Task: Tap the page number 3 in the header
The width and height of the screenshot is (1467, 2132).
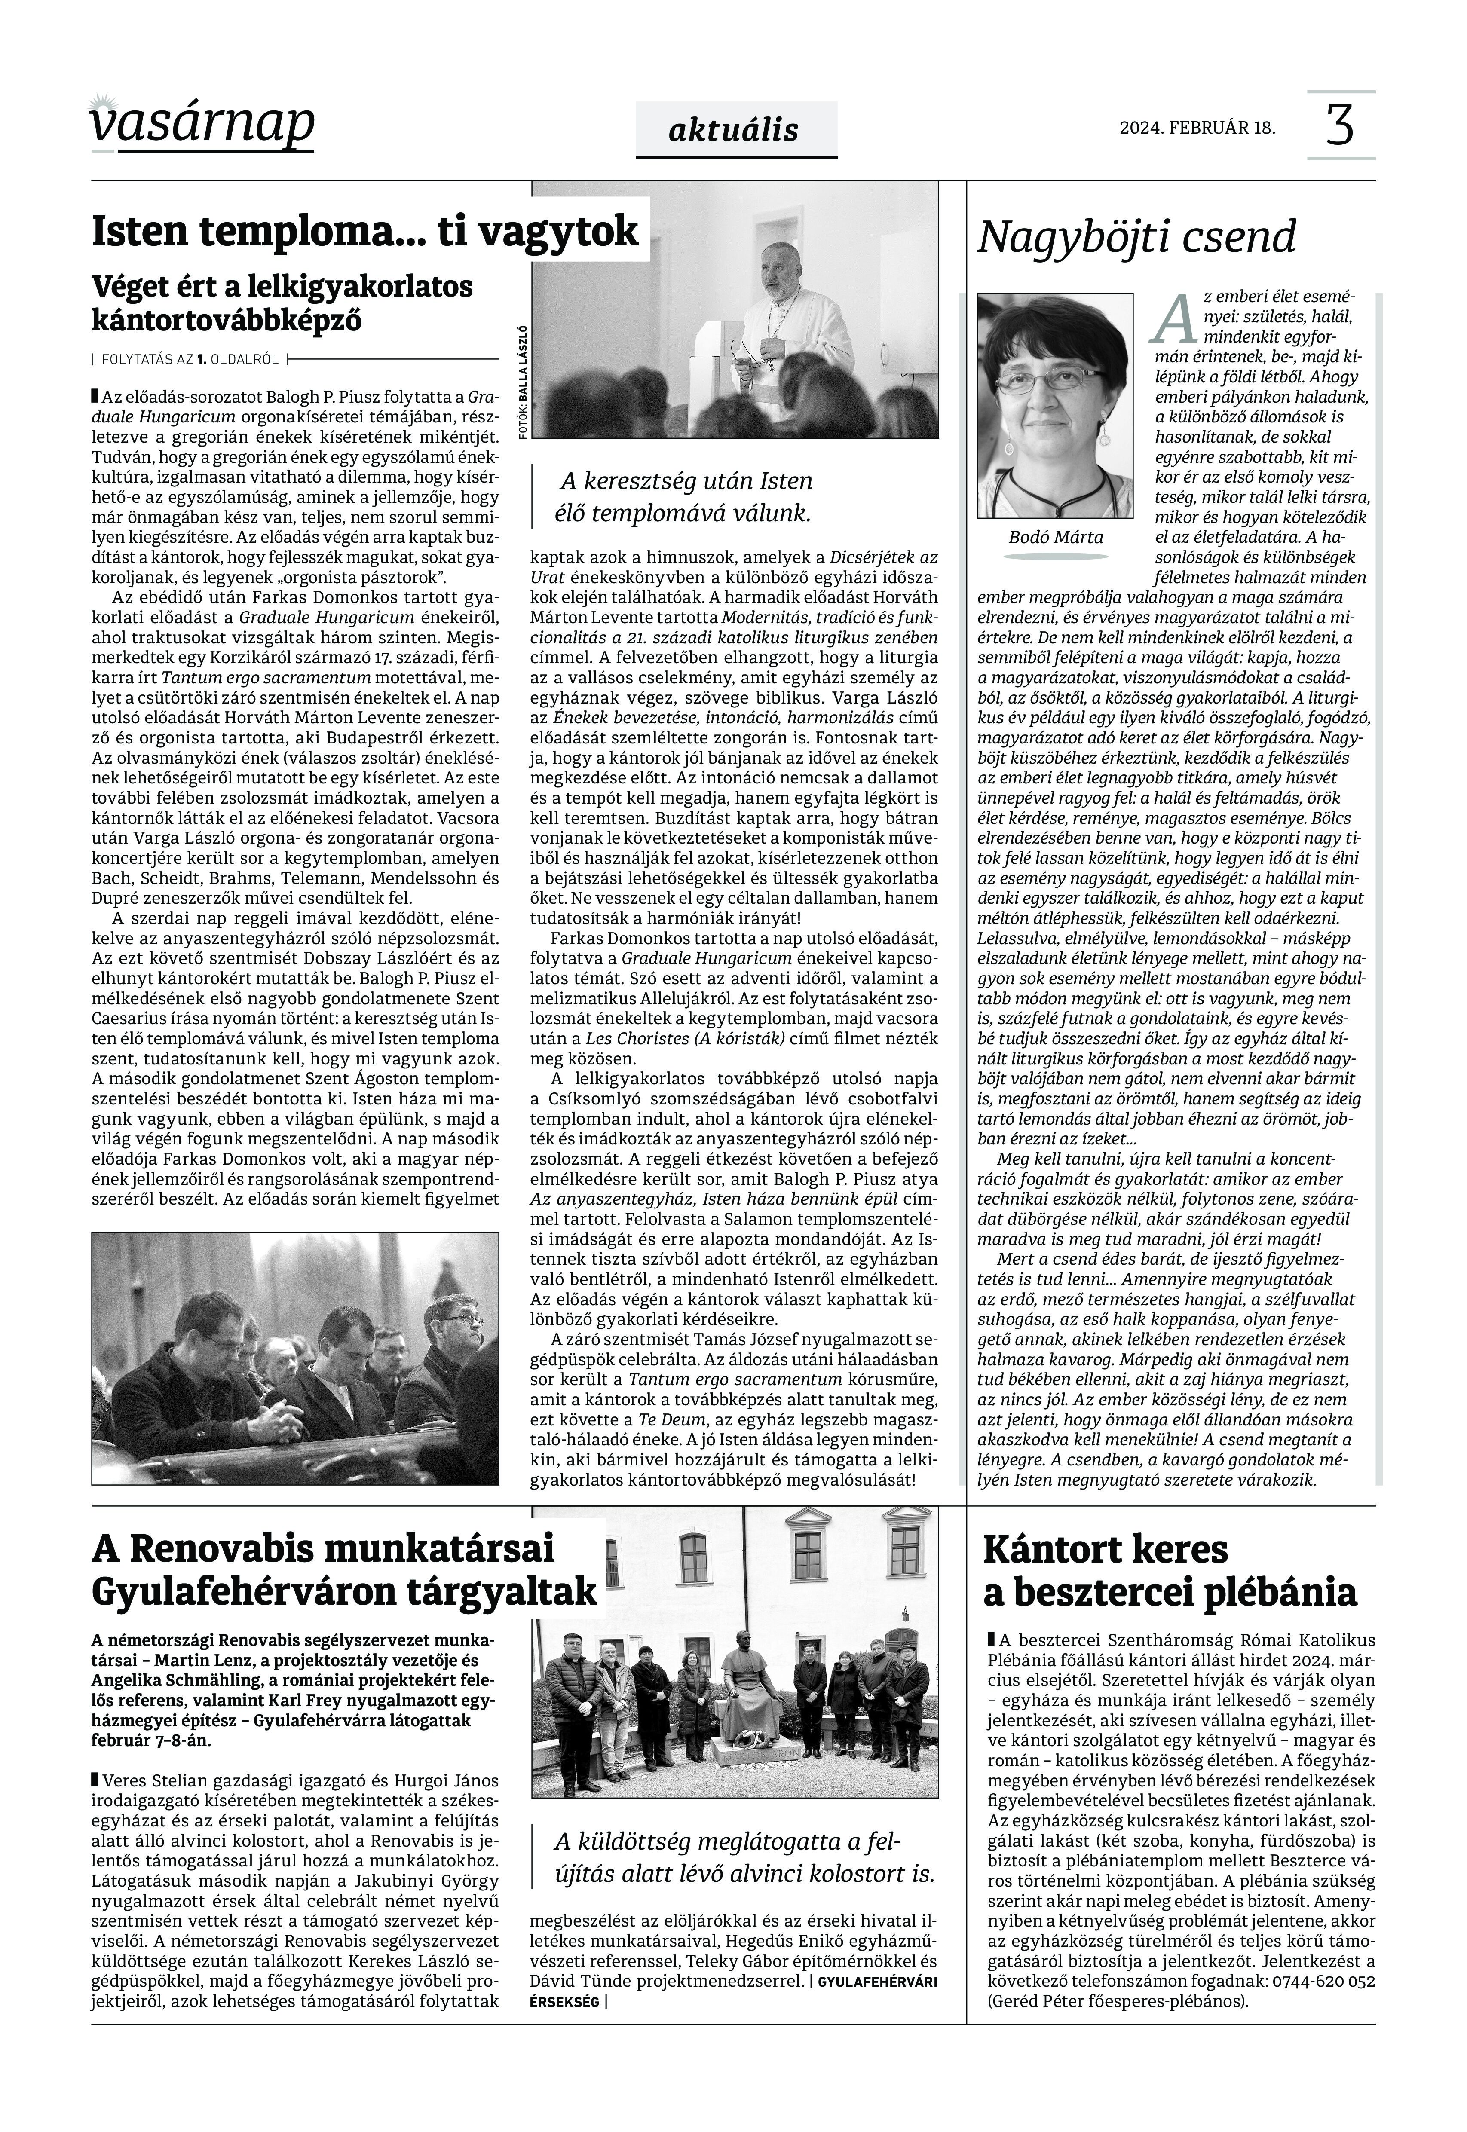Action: pos(1340,126)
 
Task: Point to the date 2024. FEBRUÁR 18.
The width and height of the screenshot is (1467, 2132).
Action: pos(1197,128)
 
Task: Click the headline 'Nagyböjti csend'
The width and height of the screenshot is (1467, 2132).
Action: pos(1136,237)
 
